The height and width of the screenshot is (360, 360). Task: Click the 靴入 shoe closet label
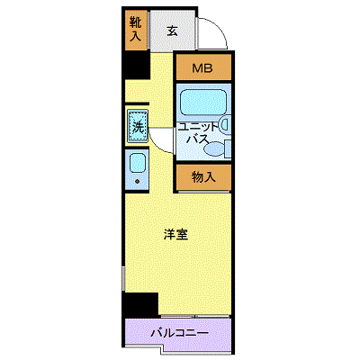(x=135, y=29)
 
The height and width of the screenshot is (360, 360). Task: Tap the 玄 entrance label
(x=172, y=31)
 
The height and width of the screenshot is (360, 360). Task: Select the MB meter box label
(x=202, y=68)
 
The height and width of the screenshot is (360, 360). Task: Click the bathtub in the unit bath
(x=203, y=102)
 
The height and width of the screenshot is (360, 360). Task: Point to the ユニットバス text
(x=197, y=133)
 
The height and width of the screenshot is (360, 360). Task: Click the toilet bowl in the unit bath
(x=213, y=148)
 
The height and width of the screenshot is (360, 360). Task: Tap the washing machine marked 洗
(x=138, y=126)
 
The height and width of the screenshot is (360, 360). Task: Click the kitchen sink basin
(x=138, y=163)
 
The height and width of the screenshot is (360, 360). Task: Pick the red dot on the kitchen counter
(x=138, y=181)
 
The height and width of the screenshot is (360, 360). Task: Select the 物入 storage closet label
(x=203, y=177)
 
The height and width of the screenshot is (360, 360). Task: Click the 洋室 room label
(x=175, y=235)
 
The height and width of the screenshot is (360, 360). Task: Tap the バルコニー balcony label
(x=179, y=333)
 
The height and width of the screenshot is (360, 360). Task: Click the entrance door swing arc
(x=220, y=28)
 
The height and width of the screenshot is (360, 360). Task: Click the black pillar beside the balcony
(x=141, y=304)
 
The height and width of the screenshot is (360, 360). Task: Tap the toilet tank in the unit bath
(x=228, y=148)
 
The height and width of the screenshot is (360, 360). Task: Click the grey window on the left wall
(x=123, y=279)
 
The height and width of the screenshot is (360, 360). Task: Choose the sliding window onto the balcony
(x=195, y=316)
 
